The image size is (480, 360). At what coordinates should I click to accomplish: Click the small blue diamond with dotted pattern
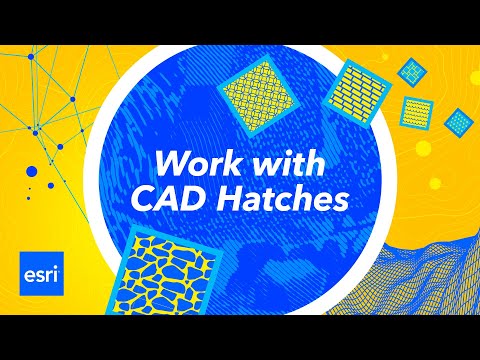458,122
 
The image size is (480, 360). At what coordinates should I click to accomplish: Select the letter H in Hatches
226,197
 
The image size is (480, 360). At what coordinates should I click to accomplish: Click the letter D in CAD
195,197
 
